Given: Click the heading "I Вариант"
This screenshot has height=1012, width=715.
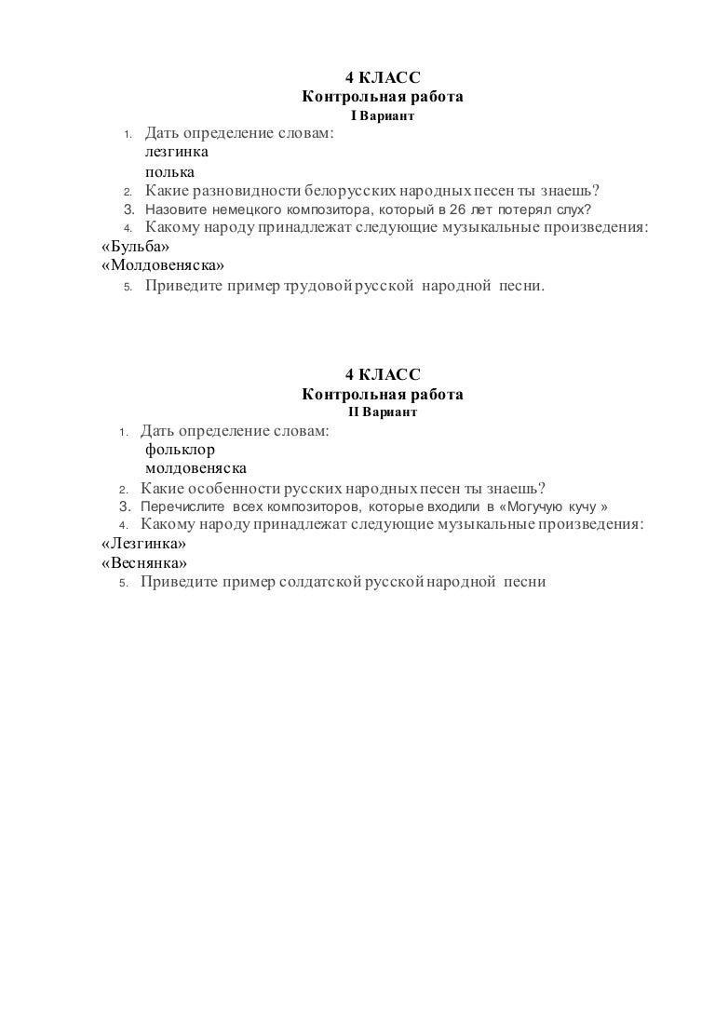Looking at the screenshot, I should pos(382,117).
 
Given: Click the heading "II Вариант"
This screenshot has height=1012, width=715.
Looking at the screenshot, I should pos(382,412).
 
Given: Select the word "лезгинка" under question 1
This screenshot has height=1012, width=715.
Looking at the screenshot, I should pos(177,153).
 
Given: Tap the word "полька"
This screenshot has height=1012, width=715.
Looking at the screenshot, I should pos(169,172).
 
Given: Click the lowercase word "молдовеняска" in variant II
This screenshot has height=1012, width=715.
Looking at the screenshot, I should pos(196,468).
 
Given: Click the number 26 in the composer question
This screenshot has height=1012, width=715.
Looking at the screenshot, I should pos(457,209).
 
